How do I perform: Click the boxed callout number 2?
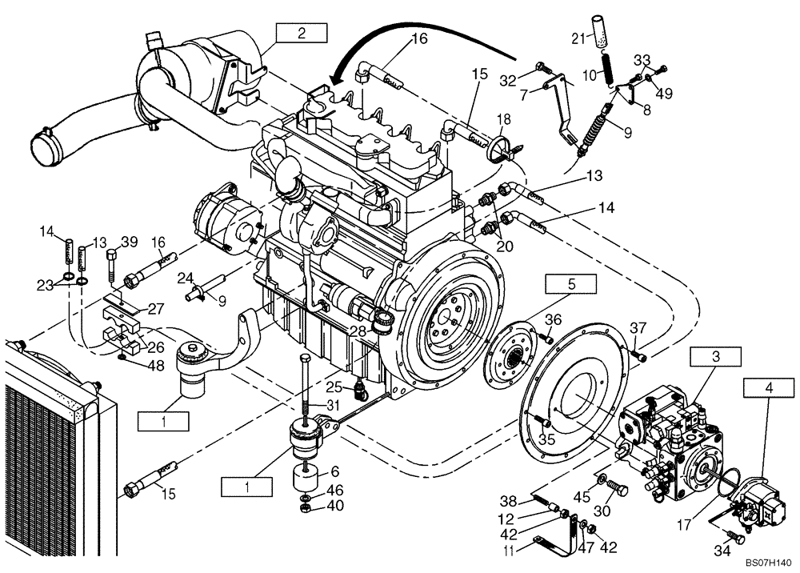[302, 33]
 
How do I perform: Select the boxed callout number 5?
[571, 283]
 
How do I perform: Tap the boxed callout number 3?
[716, 358]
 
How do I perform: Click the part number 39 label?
[129, 242]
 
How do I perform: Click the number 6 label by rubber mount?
[335, 472]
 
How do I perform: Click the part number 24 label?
[186, 278]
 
